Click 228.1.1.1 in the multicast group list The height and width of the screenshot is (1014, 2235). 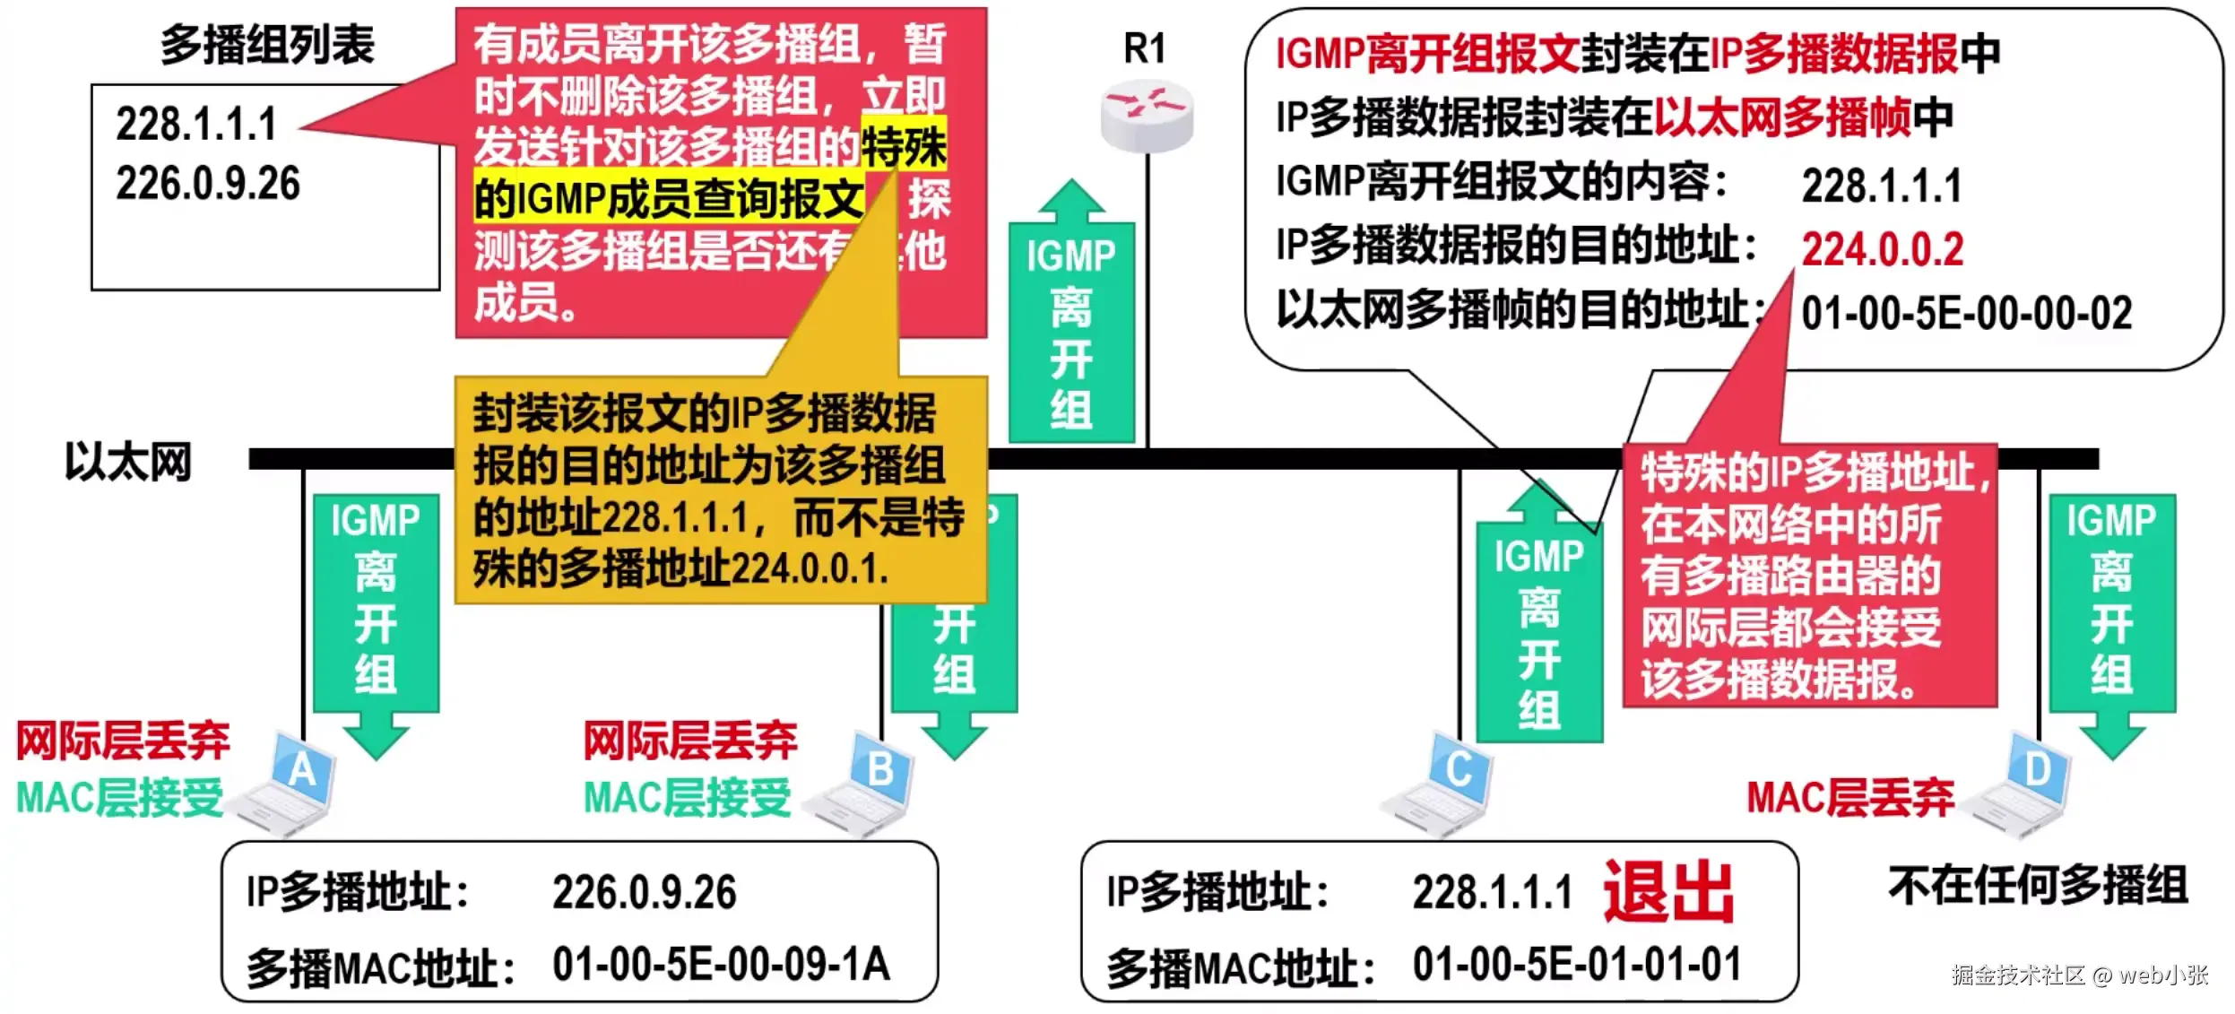[x=196, y=125]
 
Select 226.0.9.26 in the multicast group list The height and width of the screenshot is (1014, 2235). [x=208, y=184]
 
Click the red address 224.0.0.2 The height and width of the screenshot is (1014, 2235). [x=1882, y=249]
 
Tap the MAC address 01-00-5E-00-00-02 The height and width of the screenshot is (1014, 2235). [x=1966, y=314]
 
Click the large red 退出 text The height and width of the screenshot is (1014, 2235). [x=1668, y=892]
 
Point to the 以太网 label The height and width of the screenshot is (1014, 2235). [x=128, y=463]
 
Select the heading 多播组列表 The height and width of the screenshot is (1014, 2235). [x=267, y=45]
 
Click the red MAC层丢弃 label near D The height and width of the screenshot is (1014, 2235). [x=1850, y=797]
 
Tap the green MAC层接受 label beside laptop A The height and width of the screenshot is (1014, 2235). [x=119, y=797]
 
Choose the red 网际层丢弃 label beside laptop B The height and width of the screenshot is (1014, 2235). [x=689, y=741]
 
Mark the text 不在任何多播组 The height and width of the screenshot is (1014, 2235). [x=2038, y=885]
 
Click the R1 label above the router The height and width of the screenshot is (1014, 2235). [x=1145, y=48]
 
